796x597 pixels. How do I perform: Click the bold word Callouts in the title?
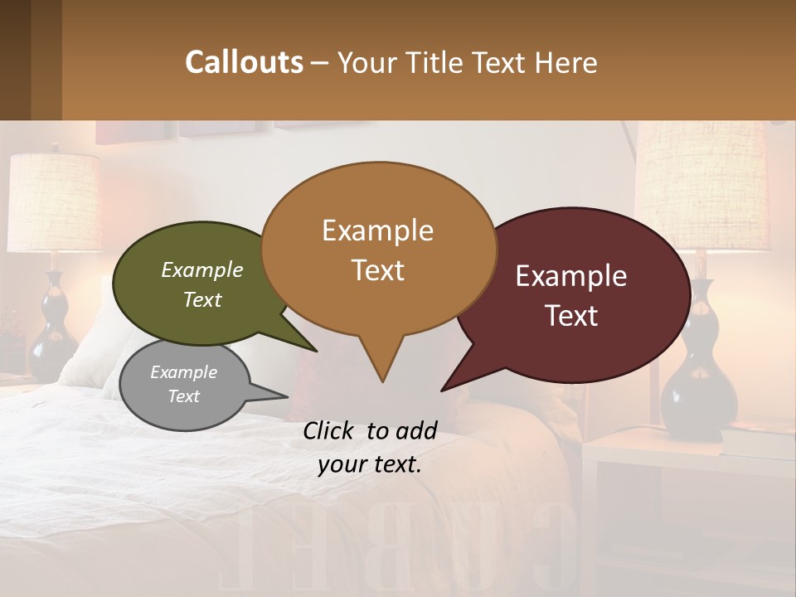click(x=244, y=62)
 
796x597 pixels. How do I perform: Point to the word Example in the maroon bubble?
click(x=571, y=276)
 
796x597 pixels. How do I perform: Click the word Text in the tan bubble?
click(x=378, y=270)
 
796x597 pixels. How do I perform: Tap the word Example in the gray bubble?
click(x=183, y=372)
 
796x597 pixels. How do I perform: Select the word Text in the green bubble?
click(x=201, y=299)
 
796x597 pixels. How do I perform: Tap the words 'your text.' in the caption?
click(x=369, y=464)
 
